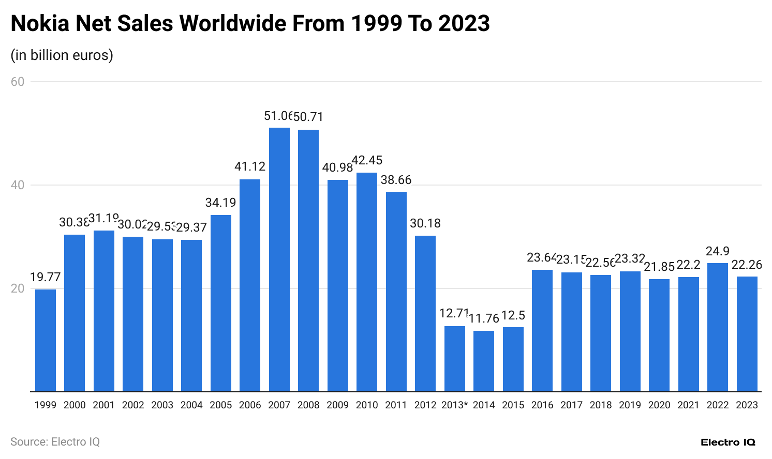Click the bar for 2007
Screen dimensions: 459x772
279,259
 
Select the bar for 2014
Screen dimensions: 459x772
484,361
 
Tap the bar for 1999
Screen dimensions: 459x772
46,340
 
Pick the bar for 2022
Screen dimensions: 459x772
718,327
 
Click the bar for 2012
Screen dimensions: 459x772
425,313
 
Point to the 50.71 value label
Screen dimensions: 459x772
309,117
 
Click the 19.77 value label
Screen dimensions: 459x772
46,277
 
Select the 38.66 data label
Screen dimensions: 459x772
396,180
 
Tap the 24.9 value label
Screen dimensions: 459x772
718,251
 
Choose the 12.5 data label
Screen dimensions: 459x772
513,315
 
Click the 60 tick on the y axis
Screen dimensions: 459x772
18,82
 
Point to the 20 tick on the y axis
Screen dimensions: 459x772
18,288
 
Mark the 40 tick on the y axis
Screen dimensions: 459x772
18,185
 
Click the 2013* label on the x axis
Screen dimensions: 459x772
454,405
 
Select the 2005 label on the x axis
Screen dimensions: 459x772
221,405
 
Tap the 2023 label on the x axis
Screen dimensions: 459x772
747,405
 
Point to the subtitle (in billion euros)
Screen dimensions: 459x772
62,55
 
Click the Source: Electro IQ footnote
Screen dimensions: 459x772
55,442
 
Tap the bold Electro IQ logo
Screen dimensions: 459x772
728,442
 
